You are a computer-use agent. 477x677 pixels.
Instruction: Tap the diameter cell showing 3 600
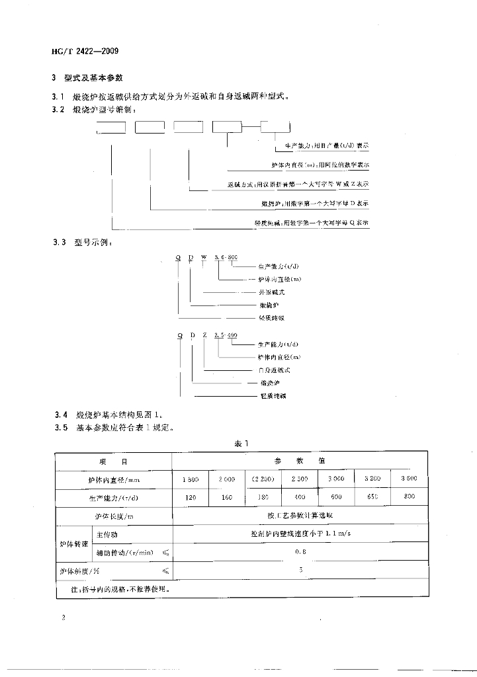click(x=409, y=479)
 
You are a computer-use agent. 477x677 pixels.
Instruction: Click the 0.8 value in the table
click(x=300, y=550)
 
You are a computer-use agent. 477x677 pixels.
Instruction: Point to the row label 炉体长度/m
click(x=112, y=516)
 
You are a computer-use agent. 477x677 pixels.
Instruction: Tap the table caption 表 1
click(x=240, y=444)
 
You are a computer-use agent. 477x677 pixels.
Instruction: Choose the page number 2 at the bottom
click(x=63, y=617)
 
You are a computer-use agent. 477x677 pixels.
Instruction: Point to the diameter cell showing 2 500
click(x=299, y=479)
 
